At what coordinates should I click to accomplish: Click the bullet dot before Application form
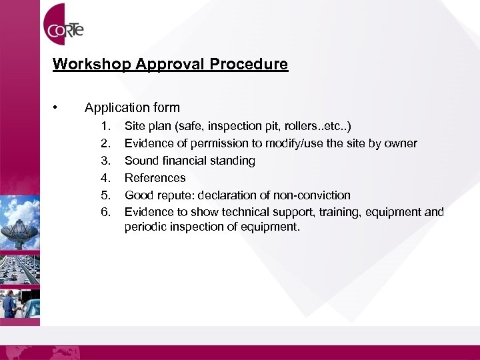[59, 107]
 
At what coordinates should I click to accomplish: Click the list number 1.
[105, 126]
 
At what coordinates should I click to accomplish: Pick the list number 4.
[105, 178]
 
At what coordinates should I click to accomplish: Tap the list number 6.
[105, 213]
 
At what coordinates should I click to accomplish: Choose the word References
[155, 178]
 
